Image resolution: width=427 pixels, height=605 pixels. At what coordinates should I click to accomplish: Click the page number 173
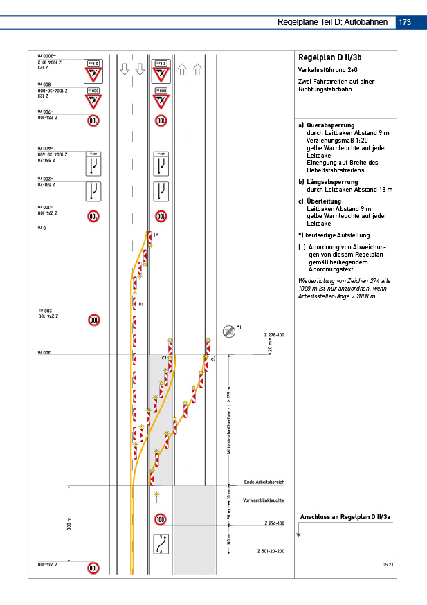coord(405,22)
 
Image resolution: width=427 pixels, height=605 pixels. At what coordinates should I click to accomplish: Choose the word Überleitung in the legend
coord(325,201)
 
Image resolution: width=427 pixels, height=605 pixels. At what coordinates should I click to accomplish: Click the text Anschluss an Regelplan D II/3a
coord(345,517)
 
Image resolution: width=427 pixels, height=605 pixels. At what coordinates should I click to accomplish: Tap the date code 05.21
coord(388,566)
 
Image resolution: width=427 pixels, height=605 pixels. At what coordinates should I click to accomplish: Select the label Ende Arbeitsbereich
coord(264,482)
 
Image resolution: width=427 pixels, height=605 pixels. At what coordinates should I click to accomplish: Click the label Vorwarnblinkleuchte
coord(263,500)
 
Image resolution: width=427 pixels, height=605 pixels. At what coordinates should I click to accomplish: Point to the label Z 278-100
coord(274,335)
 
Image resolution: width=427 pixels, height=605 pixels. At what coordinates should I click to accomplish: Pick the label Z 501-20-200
coord(271,551)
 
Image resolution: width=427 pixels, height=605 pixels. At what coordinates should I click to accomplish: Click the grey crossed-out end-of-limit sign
coord(228,332)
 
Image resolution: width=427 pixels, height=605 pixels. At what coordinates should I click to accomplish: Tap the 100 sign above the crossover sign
coord(161,519)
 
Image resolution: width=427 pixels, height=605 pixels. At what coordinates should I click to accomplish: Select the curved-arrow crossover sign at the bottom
coord(161,545)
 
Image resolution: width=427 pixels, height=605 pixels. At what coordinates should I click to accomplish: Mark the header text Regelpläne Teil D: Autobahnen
coord(332,22)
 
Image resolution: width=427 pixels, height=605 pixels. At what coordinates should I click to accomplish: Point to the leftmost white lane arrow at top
coord(125,69)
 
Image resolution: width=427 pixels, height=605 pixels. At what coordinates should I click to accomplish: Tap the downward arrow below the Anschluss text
coord(298,532)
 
